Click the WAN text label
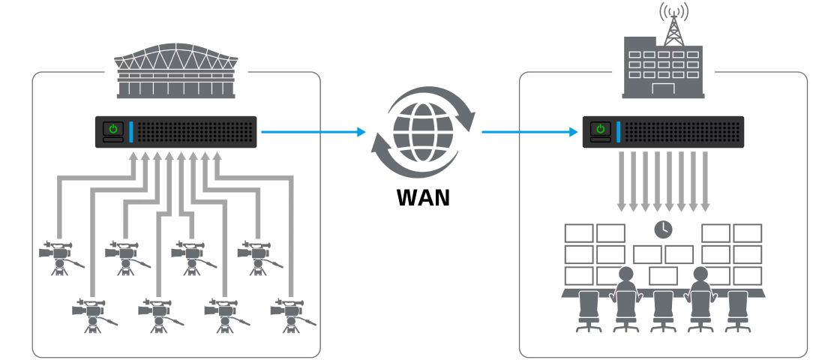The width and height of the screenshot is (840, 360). [423, 197]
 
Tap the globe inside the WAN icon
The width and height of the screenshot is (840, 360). [423, 132]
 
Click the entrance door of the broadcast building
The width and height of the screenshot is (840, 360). [664, 89]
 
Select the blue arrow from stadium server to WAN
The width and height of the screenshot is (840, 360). [312, 132]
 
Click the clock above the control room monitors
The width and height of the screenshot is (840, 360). [663, 229]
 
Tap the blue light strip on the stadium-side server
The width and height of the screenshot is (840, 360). [131, 132]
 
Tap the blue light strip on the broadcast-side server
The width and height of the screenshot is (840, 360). [619, 132]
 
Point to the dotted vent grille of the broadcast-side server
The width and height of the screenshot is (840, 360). [681, 132]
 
